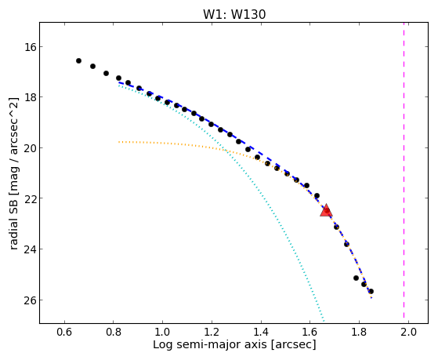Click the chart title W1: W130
click(234, 14)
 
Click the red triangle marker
click(326, 211)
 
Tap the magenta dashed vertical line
click(404, 171)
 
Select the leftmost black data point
click(79, 60)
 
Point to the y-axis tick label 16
click(30, 47)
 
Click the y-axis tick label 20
click(30, 147)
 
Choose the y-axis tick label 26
click(30, 300)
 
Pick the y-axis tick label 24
click(30, 249)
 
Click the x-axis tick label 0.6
click(64, 333)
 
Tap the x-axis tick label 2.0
click(408, 333)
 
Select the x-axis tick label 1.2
click(212, 333)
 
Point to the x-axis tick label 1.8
click(359, 333)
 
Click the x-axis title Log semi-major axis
click(210, 344)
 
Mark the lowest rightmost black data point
click(371, 292)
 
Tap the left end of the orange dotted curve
click(119, 142)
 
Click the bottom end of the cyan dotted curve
click(324, 321)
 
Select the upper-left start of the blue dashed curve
click(119, 82)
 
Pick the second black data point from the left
click(92, 67)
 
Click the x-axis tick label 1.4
click(261, 333)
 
